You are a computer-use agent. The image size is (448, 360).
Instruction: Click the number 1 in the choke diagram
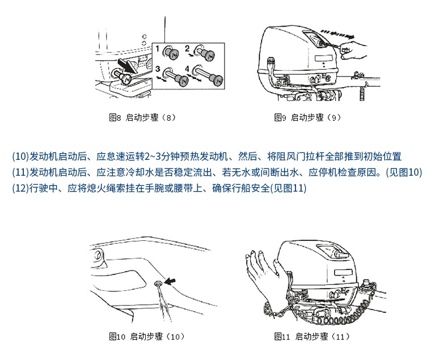tap(158, 49)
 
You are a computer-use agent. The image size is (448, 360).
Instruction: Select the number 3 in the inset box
tap(158, 69)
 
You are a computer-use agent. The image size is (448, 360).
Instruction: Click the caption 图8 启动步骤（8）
tap(142, 117)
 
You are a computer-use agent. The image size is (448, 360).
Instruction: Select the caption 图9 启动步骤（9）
tap(307, 117)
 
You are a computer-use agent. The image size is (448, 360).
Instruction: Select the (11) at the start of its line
tap(20, 172)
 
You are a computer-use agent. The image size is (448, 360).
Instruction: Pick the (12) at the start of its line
tap(20, 188)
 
